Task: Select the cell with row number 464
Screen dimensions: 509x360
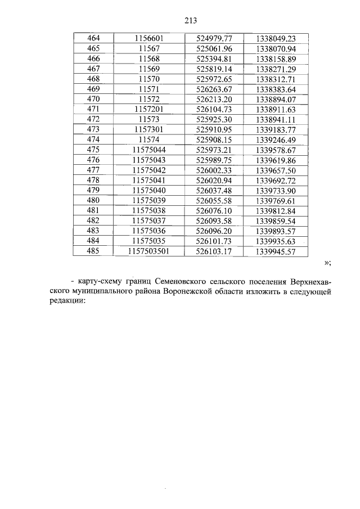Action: point(93,39)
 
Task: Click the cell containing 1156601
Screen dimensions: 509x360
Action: point(148,39)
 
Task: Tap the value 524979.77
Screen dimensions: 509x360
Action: point(213,39)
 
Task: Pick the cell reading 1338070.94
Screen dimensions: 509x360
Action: point(275,49)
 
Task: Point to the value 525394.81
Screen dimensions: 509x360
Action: point(213,58)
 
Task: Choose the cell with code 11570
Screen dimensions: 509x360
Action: point(148,79)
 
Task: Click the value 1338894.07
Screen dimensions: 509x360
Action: point(275,98)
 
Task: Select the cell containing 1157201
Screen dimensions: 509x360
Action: point(148,109)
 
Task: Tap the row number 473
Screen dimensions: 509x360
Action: point(93,129)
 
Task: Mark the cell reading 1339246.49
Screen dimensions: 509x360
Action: point(275,138)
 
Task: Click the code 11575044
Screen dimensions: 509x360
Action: point(148,149)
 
